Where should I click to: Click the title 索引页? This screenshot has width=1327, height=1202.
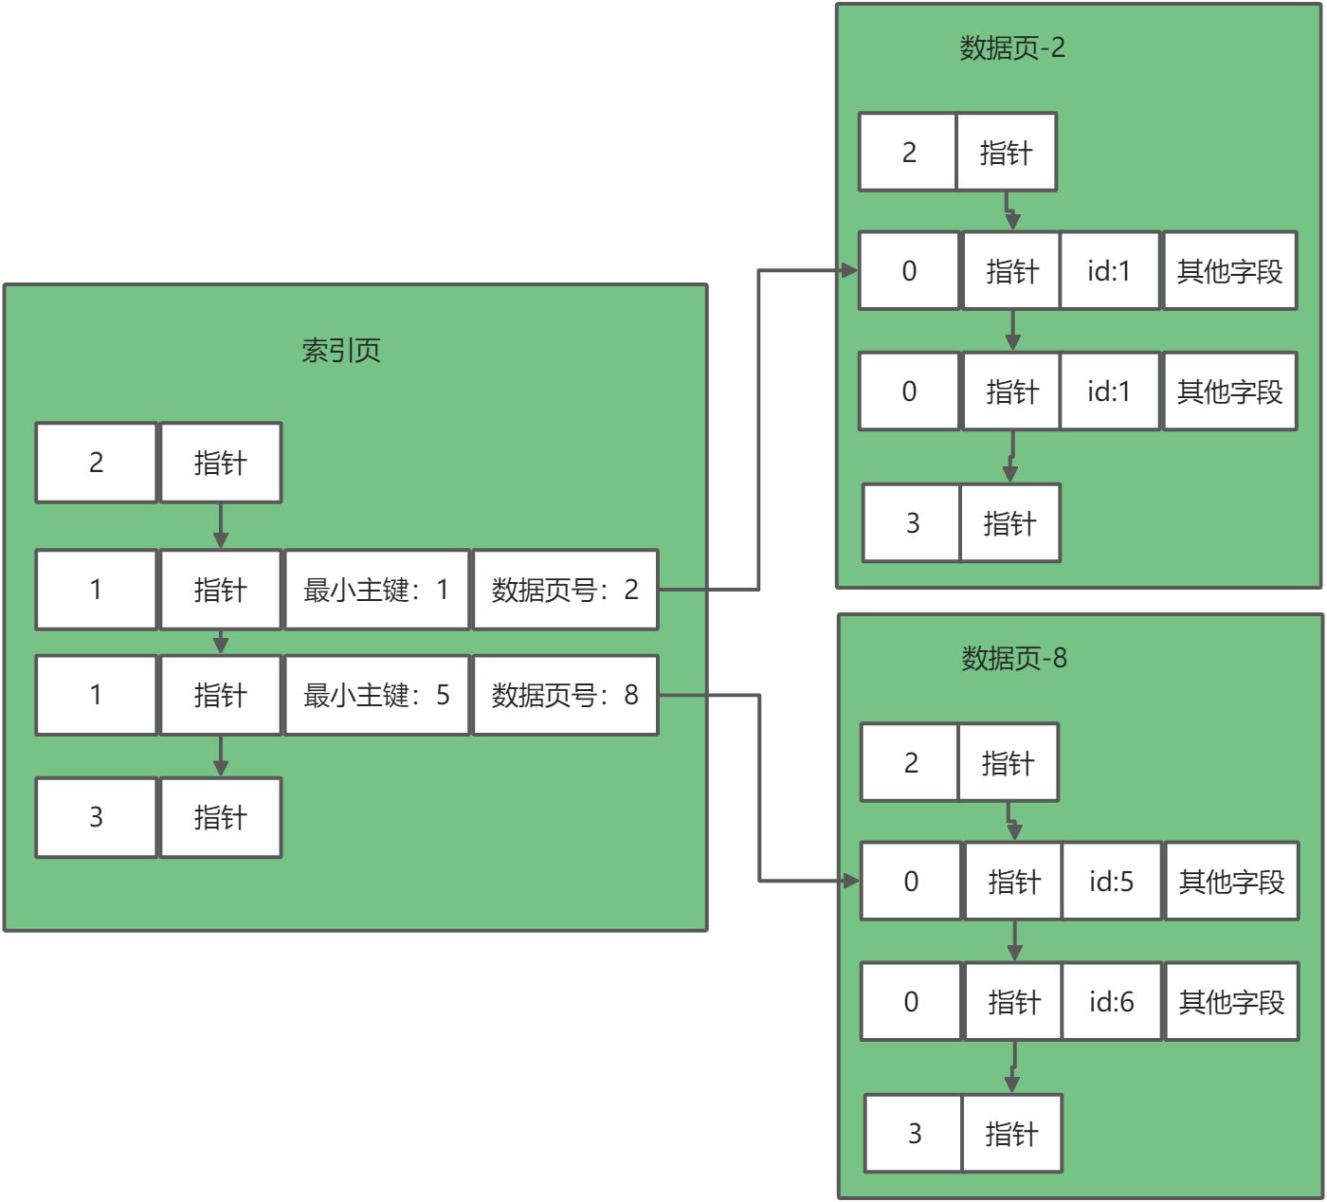pyautogui.click(x=341, y=351)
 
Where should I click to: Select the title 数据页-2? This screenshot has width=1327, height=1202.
pyautogui.click(x=1012, y=47)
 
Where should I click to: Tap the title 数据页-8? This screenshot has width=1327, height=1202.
pyautogui.click(x=1014, y=658)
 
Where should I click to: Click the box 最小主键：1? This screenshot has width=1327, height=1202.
pyautogui.click(x=376, y=590)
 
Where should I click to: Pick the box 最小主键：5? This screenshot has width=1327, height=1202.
pyautogui.click(x=376, y=696)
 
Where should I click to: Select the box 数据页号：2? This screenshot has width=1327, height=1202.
pyautogui.click(x=565, y=590)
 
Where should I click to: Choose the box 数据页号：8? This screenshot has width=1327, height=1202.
pyautogui.click(x=565, y=696)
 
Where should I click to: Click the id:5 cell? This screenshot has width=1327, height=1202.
pyautogui.click(x=1111, y=882)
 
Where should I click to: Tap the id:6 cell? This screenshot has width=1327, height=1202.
pyautogui.click(x=1111, y=1002)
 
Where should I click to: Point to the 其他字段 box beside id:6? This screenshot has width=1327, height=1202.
pyautogui.click(x=1231, y=1002)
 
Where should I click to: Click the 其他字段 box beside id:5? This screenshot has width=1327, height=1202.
pyautogui.click(x=1231, y=882)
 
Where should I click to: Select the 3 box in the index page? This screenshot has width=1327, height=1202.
pyautogui.click(x=96, y=817)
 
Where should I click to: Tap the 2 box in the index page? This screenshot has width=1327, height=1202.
pyautogui.click(x=96, y=463)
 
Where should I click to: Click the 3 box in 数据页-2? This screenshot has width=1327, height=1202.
pyautogui.click(x=912, y=523)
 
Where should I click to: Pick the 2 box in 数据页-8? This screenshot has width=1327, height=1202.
pyautogui.click(x=910, y=763)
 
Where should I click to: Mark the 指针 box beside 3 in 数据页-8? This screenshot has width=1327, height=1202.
pyautogui.click(x=1011, y=1134)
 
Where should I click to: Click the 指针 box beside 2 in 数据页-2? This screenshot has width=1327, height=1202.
pyautogui.click(x=1006, y=153)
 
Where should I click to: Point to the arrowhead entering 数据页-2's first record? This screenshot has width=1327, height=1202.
pyautogui.click(x=849, y=271)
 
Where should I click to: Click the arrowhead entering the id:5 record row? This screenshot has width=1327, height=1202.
pyautogui.click(x=851, y=882)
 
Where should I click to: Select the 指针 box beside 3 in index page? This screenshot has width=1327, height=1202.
pyautogui.click(x=221, y=817)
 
